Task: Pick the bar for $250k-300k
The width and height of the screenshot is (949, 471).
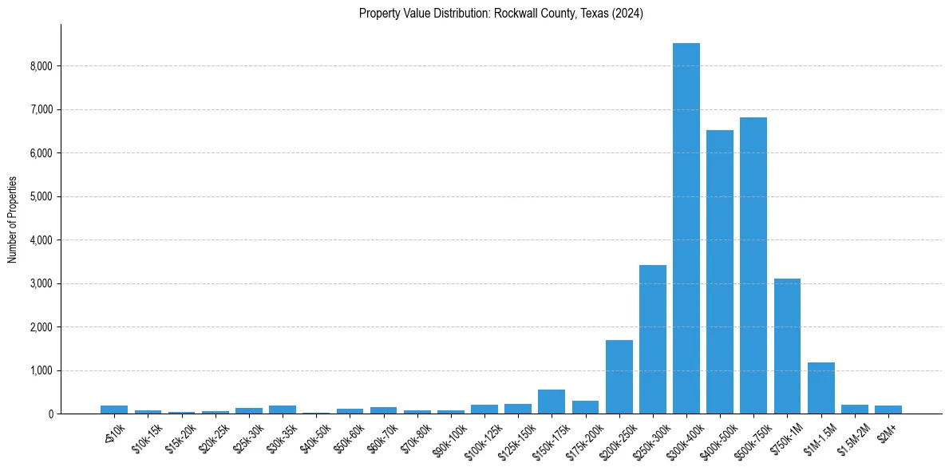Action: click(652, 339)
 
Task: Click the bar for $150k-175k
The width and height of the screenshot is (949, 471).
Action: click(552, 402)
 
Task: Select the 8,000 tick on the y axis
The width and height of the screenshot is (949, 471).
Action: click(40, 66)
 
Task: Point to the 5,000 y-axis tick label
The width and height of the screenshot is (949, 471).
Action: click(40, 196)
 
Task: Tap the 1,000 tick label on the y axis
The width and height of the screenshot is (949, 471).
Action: click(40, 370)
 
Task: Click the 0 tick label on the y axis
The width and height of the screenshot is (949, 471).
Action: click(49, 414)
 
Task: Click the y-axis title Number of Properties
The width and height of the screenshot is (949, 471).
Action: click(13, 219)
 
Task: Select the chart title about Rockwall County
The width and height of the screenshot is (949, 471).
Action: click(500, 13)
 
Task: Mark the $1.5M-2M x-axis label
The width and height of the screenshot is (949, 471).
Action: click(851, 434)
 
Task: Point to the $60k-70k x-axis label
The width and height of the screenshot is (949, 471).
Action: click(381, 434)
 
